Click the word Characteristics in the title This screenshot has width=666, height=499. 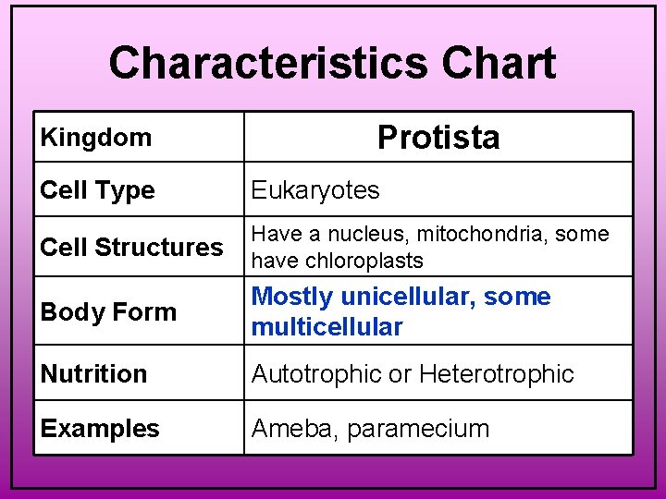click(x=268, y=64)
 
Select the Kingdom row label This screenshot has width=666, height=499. click(x=95, y=138)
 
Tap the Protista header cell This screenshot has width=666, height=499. click(x=438, y=138)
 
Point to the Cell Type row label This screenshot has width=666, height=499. click(x=97, y=190)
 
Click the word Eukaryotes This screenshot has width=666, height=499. click(x=315, y=190)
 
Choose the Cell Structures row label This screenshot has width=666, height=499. click(x=131, y=248)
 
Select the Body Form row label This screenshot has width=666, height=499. click(x=108, y=312)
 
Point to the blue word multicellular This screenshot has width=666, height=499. click(x=327, y=327)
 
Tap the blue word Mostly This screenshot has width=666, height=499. click(x=292, y=298)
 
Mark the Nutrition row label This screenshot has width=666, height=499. click(x=93, y=374)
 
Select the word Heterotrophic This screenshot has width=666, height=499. click(x=497, y=374)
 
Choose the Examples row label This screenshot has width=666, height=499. click(x=100, y=429)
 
